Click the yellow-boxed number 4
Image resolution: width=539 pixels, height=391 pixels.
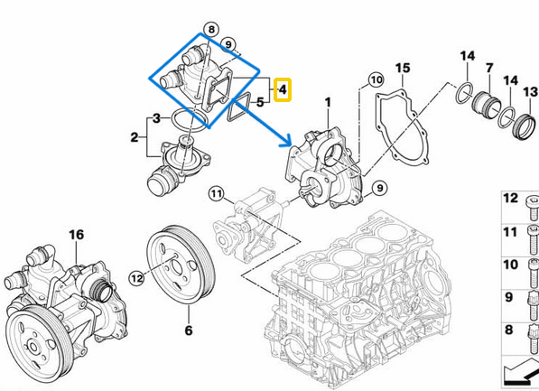283,89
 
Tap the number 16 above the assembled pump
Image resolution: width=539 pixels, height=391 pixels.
76,235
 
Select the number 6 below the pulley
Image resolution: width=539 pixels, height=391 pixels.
189,330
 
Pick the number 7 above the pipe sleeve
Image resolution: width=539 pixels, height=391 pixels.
488,68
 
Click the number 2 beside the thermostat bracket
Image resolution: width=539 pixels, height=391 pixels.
135,137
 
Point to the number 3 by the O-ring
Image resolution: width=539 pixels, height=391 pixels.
156,118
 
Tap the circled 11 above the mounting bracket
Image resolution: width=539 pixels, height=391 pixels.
216,193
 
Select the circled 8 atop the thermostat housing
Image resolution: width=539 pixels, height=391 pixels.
210,30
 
